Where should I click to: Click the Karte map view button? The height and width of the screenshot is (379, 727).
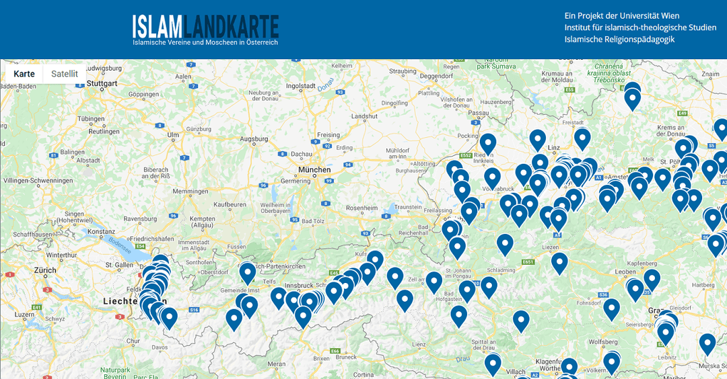tap(24, 74)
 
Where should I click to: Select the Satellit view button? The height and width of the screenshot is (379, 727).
tap(65, 74)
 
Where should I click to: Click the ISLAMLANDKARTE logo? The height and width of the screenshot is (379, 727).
tap(205, 26)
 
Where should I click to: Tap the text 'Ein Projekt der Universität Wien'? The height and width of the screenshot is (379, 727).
tap(622, 15)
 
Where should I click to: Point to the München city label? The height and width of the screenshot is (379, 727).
tap(315, 169)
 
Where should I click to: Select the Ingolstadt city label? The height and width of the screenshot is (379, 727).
tap(301, 86)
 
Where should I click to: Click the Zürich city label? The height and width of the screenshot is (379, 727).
tap(46, 270)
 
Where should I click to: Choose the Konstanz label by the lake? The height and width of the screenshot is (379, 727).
tap(102, 231)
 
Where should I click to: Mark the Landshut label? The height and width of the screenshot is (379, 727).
tap(364, 116)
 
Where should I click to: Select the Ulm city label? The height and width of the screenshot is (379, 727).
tap(174, 134)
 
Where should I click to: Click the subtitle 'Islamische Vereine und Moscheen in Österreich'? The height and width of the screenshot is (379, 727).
tap(205, 42)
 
